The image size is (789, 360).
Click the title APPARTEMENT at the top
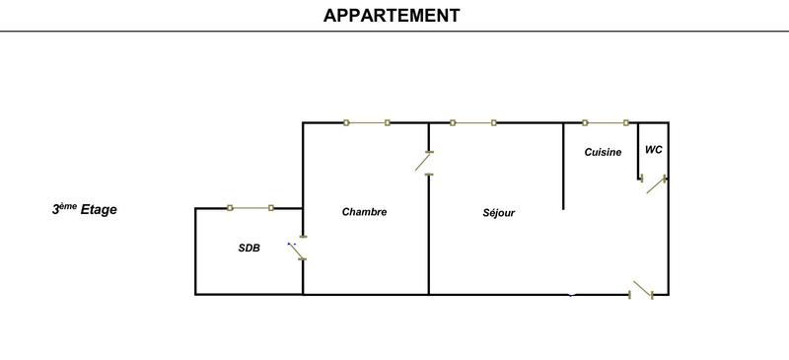tap(391, 15)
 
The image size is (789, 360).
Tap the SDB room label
tap(250, 249)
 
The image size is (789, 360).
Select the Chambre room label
tap(364, 212)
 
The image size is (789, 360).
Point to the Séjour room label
tap(499, 213)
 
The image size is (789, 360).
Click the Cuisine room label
tap(603, 152)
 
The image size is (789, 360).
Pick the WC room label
tap(653, 150)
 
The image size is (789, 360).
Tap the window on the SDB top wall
tap(251, 207)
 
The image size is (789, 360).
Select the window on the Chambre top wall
tap(367, 122)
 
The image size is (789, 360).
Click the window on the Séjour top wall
tap(472, 122)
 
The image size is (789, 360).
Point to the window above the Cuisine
tap(606, 122)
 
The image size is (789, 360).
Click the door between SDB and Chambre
tap(297, 251)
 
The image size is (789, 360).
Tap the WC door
tap(654, 183)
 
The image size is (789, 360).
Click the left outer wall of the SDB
tap(195, 252)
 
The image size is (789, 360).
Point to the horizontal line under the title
tap(394, 33)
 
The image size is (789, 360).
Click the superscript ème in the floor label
tap(67, 205)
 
